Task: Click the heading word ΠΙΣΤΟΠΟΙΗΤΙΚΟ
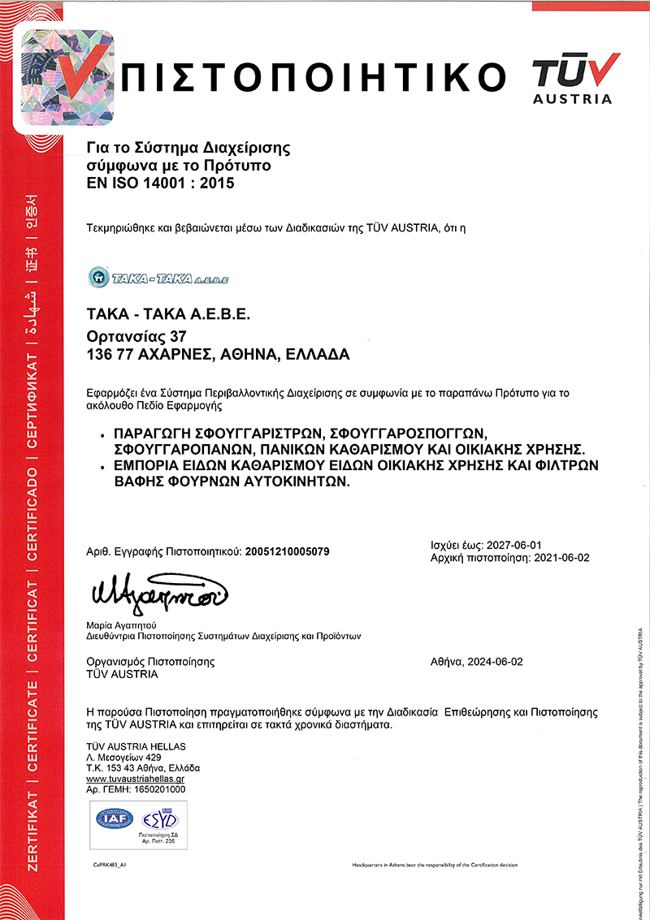[x=318, y=76]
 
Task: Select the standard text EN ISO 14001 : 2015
[x=160, y=184]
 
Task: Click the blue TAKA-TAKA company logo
[x=158, y=278]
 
